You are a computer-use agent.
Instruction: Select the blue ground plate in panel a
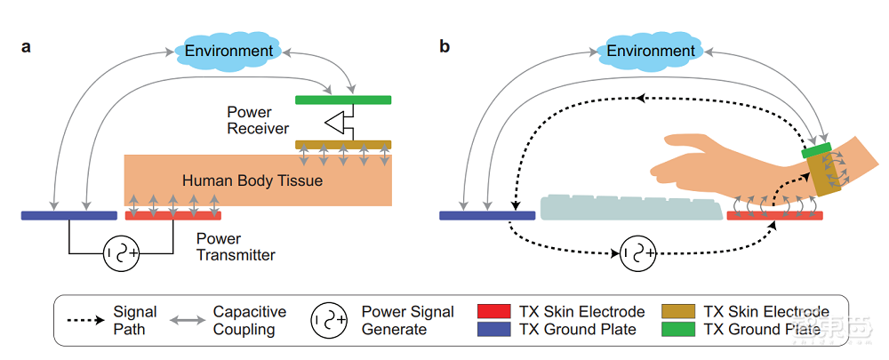(69, 215)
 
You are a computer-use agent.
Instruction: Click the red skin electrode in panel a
(172, 215)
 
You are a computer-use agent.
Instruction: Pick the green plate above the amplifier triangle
(342, 100)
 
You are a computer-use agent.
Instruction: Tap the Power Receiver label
(258, 120)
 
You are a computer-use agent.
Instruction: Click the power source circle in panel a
(123, 253)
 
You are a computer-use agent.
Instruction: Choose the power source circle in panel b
(637, 253)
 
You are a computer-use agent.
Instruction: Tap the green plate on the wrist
(816, 151)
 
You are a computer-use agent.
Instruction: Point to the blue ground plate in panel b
(487, 215)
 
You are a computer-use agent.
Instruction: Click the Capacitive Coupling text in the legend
(249, 321)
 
